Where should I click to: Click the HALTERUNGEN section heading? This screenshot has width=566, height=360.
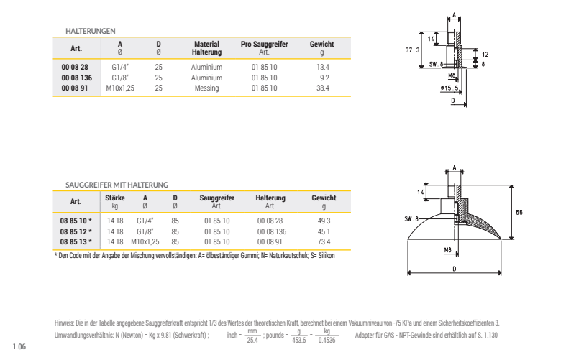coord(90,31)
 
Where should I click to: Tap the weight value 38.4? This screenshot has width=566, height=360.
coord(322,88)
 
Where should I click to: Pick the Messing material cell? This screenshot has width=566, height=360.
coord(206,88)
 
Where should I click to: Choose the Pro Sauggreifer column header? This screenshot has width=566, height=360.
coord(264,45)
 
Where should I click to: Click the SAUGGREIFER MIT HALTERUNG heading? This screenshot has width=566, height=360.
coord(117,185)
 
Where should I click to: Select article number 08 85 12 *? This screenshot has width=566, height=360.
coord(76,231)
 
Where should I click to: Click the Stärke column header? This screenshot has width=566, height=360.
coord(115,198)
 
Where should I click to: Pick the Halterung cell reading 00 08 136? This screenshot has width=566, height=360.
coord(271,231)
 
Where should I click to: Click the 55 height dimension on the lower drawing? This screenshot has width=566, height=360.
coord(519,212)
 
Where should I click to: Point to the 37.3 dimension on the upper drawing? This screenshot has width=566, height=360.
coord(413,50)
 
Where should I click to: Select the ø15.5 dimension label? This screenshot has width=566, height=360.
coord(451,88)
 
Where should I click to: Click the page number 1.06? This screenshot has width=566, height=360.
coord(19,347)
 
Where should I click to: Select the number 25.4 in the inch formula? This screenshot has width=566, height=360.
coord(252,340)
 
